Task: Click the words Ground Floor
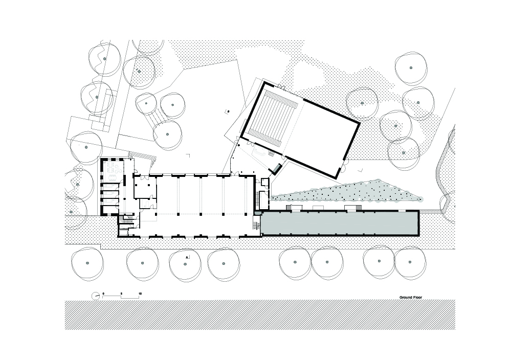pos(410,297)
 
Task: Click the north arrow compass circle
pos(96,296)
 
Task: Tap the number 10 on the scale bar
pos(140,294)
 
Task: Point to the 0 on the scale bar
pos(103,294)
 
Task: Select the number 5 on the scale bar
pos(121,294)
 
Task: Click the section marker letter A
pos(187,257)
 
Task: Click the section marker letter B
pos(228,111)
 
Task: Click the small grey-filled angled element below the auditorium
pos(277,168)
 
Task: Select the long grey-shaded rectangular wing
pos(339,223)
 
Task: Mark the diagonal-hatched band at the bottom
pos(260,315)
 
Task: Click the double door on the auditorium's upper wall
pos(281,87)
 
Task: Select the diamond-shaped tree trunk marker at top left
pos(139,71)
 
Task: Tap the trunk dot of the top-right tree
pos(411,68)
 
